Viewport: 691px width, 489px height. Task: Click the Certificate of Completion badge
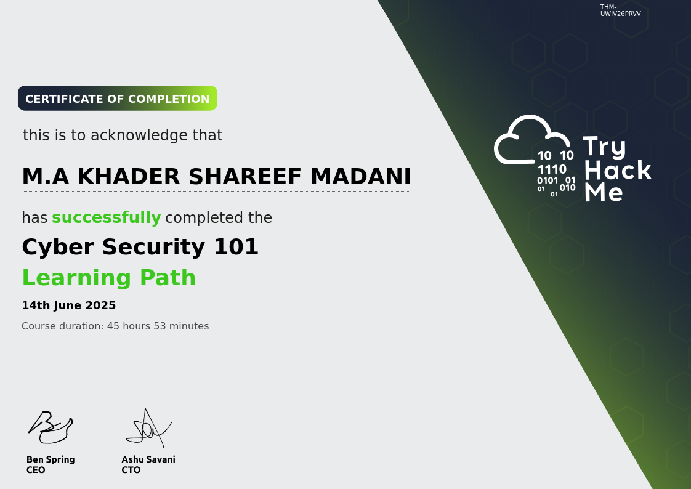tap(118, 99)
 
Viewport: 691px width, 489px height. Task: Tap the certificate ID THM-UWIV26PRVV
tap(621, 10)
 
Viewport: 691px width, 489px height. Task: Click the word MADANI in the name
tap(360, 177)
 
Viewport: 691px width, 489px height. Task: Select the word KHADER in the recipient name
tap(129, 177)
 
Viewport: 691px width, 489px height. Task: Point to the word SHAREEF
tap(245, 177)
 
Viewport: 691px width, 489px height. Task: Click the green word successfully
tap(106, 217)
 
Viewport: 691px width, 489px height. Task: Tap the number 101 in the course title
tap(236, 247)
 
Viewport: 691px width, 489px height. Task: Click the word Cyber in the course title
tap(58, 248)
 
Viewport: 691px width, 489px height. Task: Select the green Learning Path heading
tap(109, 278)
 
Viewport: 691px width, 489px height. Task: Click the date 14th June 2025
tap(69, 305)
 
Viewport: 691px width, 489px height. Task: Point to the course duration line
tap(115, 326)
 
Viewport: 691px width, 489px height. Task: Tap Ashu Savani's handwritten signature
tap(148, 428)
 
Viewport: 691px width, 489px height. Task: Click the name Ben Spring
tap(51, 459)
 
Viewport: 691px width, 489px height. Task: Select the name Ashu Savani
tap(148, 459)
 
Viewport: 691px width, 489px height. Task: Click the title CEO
tap(36, 470)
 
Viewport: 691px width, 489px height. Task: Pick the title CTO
tap(131, 470)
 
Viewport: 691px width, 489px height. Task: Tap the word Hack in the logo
tap(618, 170)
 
